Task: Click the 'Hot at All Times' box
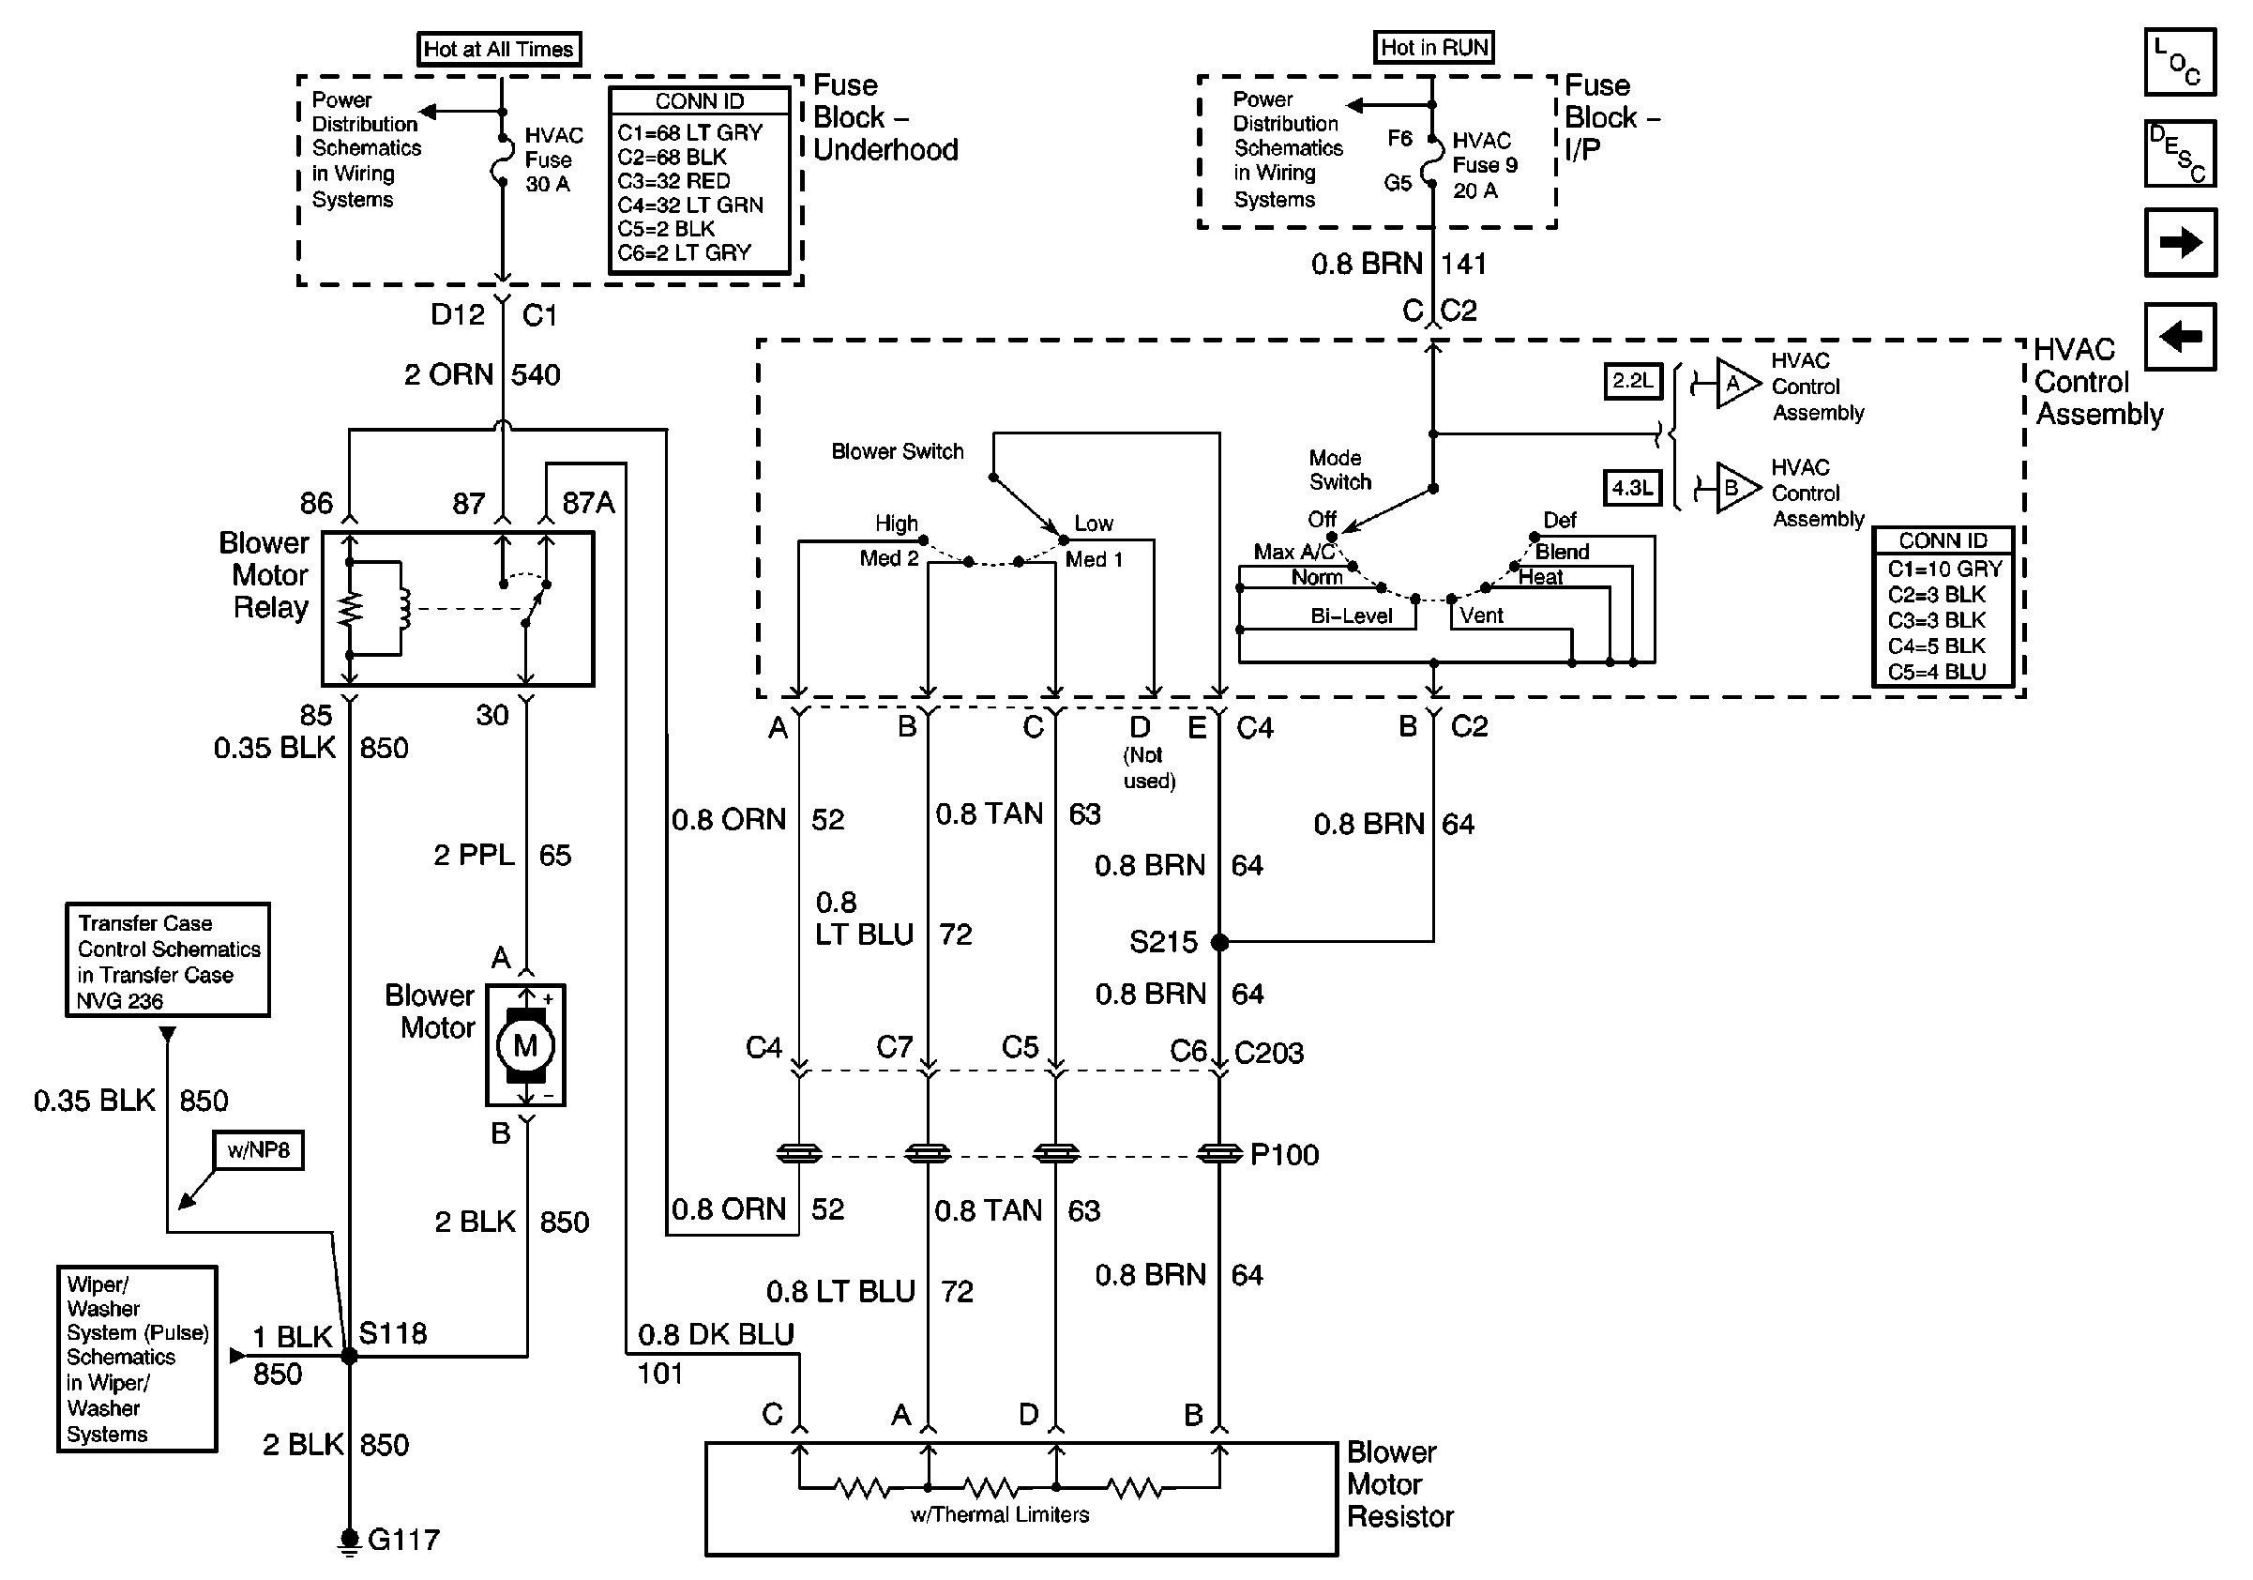[x=498, y=49]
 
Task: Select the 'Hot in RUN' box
[x=1433, y=47]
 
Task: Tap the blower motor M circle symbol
[x=525, y=1045]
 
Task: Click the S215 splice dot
[x=1219, y=942]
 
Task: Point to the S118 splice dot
[x=348, y=1357]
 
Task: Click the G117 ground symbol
[x=348, y=1539]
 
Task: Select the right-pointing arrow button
[x=2181, y=242]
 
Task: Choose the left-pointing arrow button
[x=2181, y=337]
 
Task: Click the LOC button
[x=2181, y=62]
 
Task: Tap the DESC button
[x=2181, y=153]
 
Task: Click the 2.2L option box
[x=1633, y=381]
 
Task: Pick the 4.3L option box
[x=1633, y=488]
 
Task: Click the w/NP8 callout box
[x=259, y=1150]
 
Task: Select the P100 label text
[x=1284, y=1155]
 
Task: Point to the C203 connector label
[x=1269, y=1053]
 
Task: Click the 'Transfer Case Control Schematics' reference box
[x=168, y=960]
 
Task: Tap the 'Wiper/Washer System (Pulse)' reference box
[x=137, y=1359]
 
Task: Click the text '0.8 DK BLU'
[x=717, y=1335]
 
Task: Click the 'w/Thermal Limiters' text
[x=1000, y=1515]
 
